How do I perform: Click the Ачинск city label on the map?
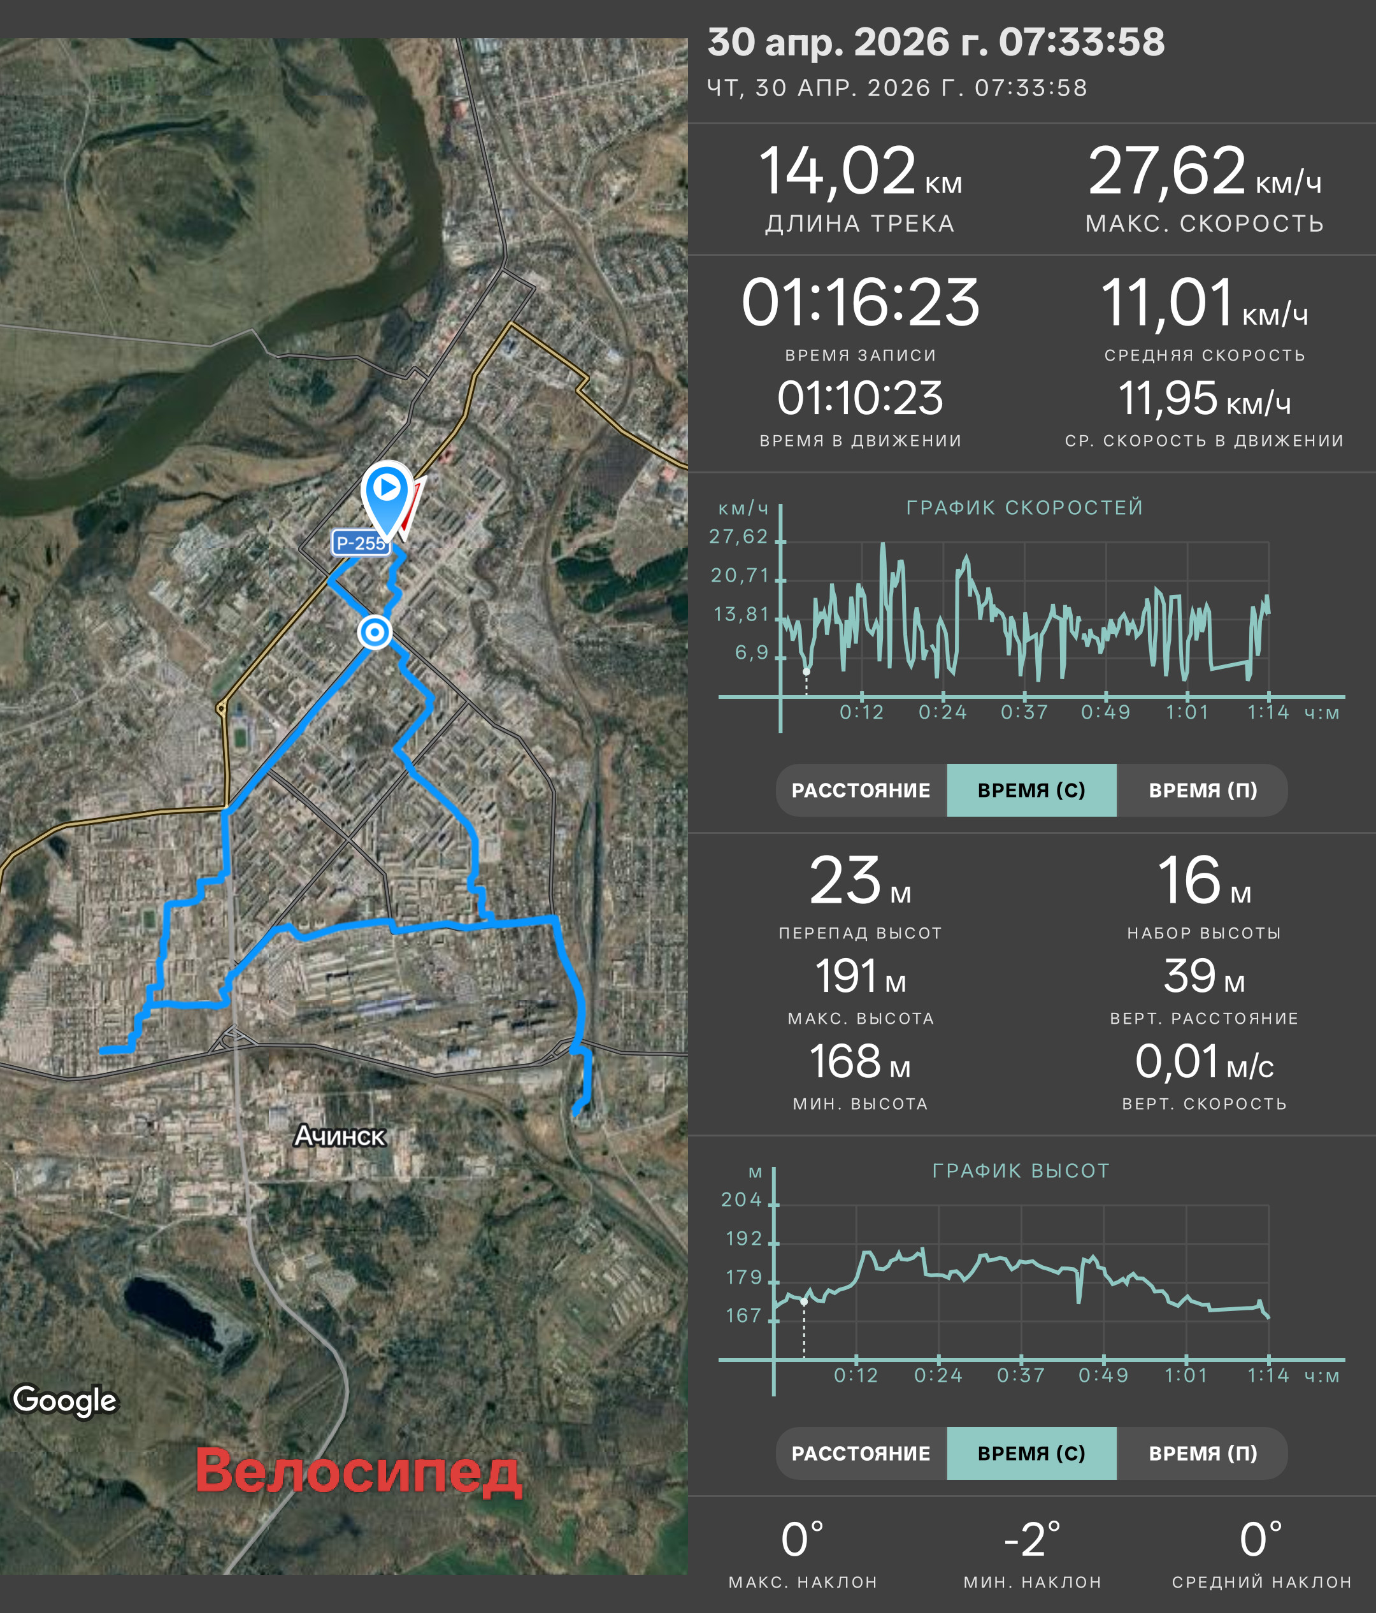340,1136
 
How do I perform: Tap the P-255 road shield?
361,543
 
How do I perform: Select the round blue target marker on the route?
375,632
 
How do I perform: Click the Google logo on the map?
64,1400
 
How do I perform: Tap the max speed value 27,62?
1166,171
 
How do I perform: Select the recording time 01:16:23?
860,302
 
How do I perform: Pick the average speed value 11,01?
1166,302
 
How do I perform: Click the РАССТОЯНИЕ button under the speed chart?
861,790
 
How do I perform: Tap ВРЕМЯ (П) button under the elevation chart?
1203,1453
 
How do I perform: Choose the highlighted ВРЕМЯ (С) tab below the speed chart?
1031,790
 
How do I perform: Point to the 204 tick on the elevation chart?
741,1200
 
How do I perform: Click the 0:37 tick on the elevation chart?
1021,1375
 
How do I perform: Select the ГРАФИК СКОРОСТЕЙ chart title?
1024,508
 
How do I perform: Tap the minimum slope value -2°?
1032,1539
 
